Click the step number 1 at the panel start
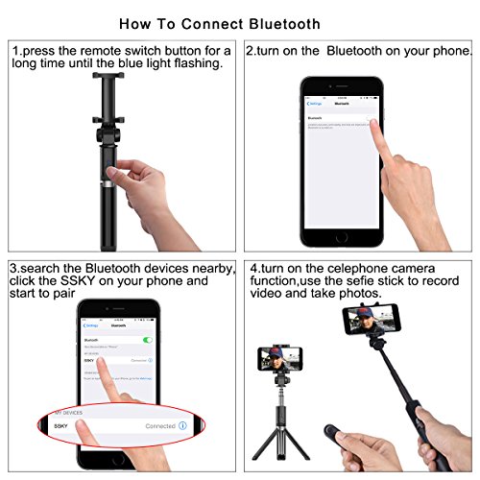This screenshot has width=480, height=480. [16, 49]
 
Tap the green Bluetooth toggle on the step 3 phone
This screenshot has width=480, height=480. [147, 339]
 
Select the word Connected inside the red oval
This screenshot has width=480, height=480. [160, 424]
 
